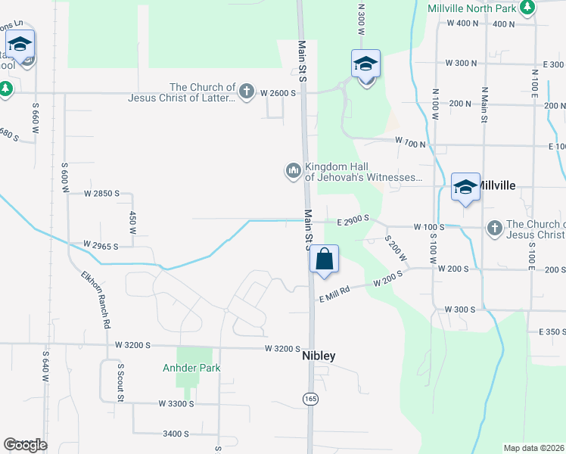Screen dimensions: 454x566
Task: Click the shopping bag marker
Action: [324, 260]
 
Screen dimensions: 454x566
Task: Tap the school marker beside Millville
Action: [465, 187]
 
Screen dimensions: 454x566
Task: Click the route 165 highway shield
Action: [310, 398]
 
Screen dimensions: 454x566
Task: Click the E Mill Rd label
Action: [334, 291]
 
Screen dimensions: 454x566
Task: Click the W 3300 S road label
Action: [177, 404]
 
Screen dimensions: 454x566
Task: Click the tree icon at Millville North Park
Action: [527, 8]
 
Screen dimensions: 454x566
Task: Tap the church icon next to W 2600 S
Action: [246, 92]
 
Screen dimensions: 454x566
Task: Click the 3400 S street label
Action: [176, 434]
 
